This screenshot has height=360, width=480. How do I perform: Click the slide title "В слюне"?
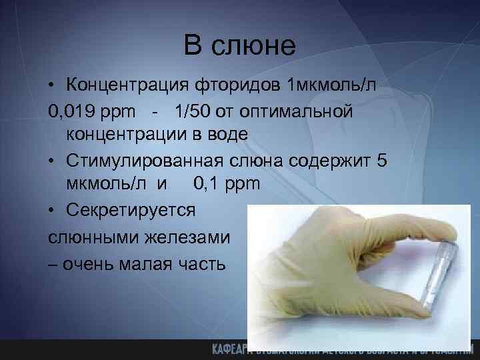[239, 46]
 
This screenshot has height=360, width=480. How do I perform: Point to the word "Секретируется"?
[131, 210]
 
